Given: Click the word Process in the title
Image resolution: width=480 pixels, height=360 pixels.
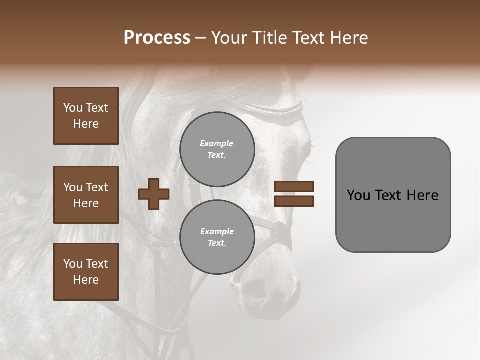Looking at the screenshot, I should click(157, 38).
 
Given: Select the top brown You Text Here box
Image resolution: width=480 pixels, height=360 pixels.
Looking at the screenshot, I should click(86, 116).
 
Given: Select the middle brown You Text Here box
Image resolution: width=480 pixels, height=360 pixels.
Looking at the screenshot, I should click(86, 195).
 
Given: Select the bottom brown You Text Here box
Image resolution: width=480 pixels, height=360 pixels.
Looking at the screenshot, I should click(86, 272).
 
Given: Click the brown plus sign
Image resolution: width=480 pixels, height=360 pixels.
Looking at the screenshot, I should click(154, 194).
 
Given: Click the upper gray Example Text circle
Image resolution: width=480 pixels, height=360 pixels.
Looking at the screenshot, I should click(217, 149).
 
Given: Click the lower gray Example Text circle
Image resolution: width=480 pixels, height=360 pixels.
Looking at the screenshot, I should click(217, 237).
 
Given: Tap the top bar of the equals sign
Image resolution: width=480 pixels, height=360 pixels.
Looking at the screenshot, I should click(294, 186).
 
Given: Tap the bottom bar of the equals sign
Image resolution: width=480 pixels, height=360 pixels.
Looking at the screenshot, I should click(294, 201).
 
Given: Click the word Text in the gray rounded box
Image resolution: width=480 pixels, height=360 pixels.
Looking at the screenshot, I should click(388, 195).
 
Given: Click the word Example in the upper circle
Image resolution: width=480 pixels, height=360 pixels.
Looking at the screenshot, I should click(217, 143).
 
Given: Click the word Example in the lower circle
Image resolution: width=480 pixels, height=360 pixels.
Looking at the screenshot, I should click(217, 231).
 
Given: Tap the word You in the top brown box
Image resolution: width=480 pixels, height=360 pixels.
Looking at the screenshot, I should click(72, 108).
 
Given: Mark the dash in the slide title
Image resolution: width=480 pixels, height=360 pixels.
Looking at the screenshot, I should click(201, 38).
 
